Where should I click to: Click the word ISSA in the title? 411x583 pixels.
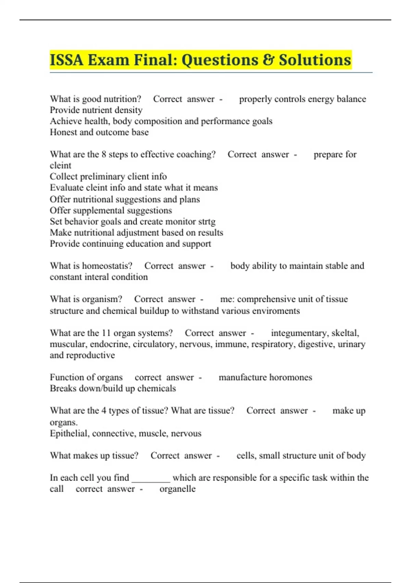(x=66, y=60)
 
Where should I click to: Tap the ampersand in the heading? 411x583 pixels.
(x=268, y=60)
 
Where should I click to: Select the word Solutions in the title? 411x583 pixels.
(x=315, y=60)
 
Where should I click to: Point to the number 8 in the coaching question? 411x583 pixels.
(x=104, y=154)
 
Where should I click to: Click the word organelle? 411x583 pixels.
(x=177, y=489)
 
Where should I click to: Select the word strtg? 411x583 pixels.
(x=207, y=222)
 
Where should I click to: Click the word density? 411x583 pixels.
(x=129, y=110)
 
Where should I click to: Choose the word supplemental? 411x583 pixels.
(x=107, y=210)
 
